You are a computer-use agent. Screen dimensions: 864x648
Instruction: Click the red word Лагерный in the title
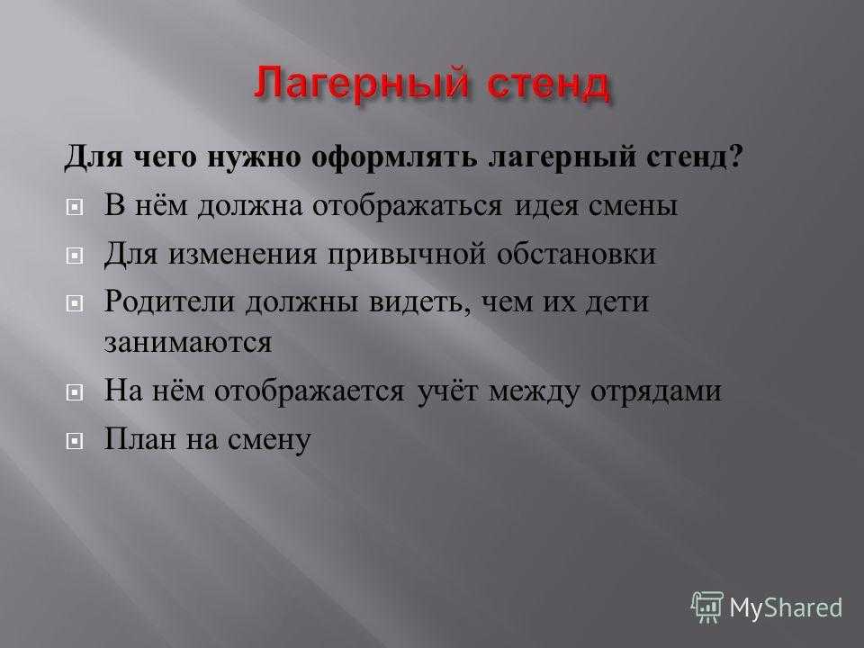coord(362,84)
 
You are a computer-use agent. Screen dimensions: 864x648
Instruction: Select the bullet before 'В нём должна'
coord(75,208)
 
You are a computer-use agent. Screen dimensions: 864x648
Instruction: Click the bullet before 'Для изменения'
coord(75,256)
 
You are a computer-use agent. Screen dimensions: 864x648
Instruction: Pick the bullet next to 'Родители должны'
coord(75,303)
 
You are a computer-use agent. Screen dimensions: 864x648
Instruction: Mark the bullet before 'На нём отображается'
coord(75,393)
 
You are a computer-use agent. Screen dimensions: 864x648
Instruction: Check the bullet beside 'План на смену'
coord(75,441)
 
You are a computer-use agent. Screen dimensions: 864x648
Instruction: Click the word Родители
coord(169,302)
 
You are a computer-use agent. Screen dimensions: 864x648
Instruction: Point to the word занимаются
coord(188,343)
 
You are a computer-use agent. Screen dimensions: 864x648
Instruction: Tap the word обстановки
coord(576,255)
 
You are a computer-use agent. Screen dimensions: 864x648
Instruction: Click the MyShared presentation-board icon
coord(707,607)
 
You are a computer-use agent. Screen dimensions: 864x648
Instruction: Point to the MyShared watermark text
coord(786,607)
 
